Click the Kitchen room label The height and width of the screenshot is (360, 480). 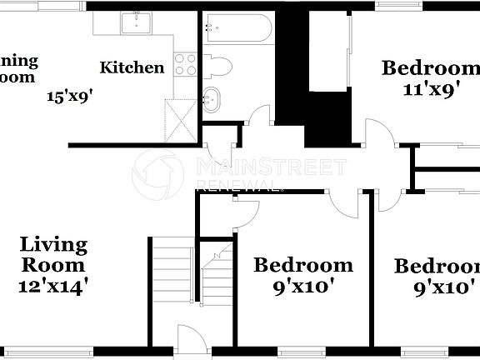tap(132, 67)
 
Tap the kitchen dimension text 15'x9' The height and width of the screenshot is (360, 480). tap(68, 95)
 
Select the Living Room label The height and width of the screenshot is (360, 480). tap(53, 255)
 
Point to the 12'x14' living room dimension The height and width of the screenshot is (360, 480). tap(53, 286)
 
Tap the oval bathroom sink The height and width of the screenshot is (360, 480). tap(212, 99)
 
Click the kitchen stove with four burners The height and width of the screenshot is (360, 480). tap(185, 65)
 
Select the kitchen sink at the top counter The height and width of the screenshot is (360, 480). tap(134, 22)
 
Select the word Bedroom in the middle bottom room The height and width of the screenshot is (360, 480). tap(303, 266)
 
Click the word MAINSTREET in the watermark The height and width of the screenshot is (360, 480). tap(271, 167)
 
